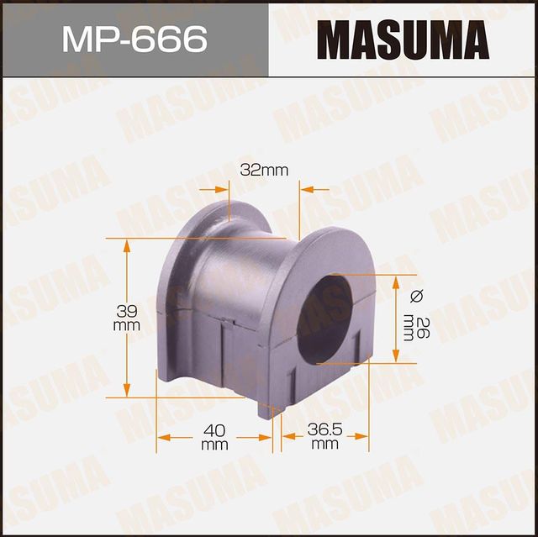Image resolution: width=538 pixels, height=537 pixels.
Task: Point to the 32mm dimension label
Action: tap(264, 171)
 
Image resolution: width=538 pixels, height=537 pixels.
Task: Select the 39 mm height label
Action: tap(127, 318)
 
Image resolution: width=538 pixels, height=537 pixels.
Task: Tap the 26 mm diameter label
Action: tap(409, 324)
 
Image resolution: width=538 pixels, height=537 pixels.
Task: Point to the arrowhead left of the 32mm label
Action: tap(222, 189)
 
